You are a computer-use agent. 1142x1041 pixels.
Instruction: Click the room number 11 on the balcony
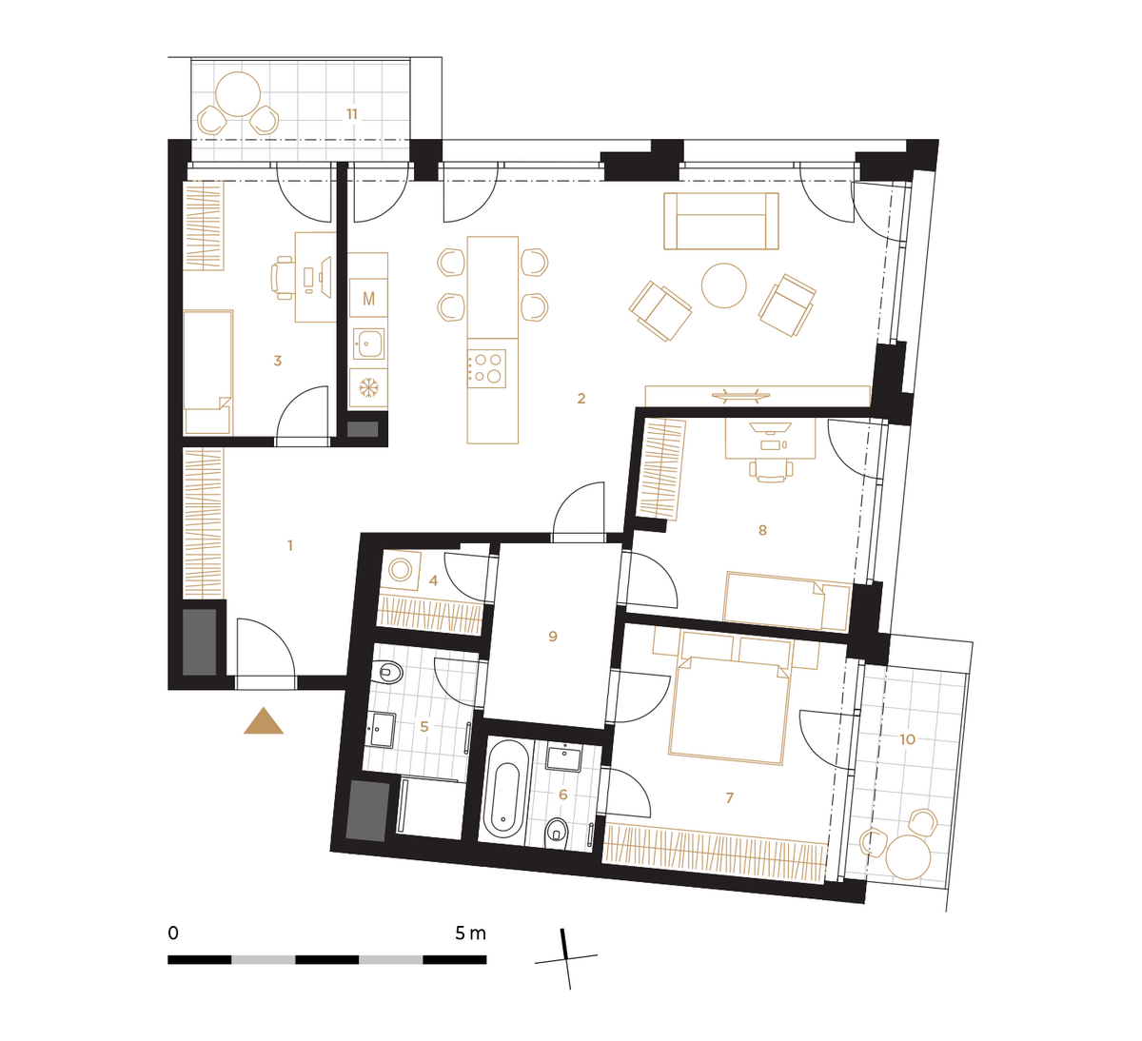click(x=352, y=114)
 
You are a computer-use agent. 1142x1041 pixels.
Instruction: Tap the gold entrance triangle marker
click(x=264, y=721)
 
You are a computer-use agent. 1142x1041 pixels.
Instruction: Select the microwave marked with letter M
click(x=368, y=298)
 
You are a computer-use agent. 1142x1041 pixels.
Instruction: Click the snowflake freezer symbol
click(x=368, y=388)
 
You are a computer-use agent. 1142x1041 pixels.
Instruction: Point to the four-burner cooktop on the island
click(x=486, y=368)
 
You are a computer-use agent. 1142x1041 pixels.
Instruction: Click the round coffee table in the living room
click(x=723, y=285)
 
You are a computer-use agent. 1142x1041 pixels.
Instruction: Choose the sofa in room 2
click(x=720, y=221)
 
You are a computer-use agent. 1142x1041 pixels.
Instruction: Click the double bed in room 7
click(x=729, y=708)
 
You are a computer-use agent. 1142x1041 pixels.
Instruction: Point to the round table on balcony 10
click(x=909, y=857)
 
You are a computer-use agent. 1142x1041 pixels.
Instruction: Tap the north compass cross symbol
click(x=566, y=959)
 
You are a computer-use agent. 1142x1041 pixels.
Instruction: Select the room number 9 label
click(x=553, y=636)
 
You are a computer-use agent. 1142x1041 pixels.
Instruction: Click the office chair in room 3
click(x=282, y=277)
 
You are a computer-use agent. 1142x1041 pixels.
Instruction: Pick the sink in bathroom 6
click(x=563, y=758)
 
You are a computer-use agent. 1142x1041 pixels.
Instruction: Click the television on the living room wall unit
click(x=740, y=395)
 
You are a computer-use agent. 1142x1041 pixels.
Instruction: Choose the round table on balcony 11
click(x=238, y=94)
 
